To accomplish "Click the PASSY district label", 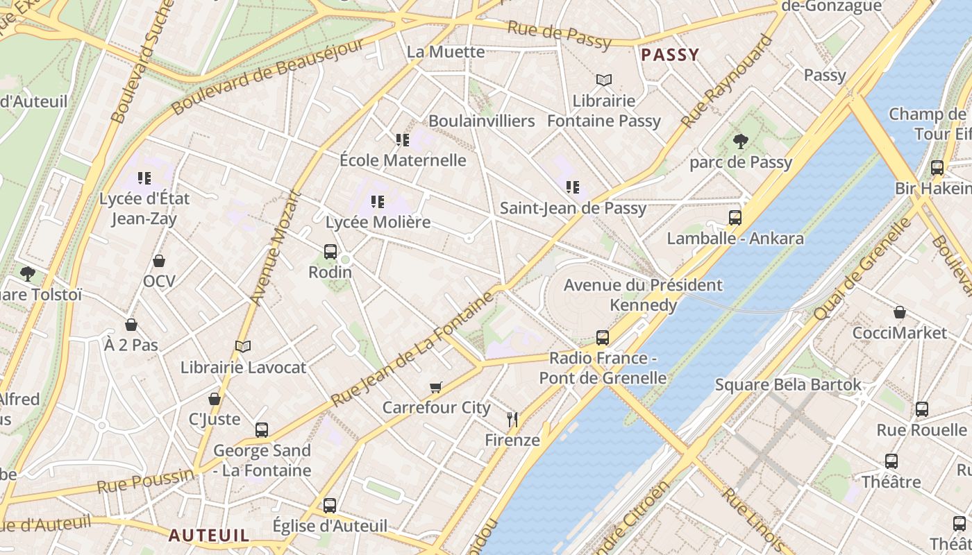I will (670, 55).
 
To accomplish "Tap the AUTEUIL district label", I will (209, 535).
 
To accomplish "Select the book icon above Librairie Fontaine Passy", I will (604, 80).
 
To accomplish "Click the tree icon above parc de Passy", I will (740, 142).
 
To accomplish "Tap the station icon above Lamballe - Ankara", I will (735, 218).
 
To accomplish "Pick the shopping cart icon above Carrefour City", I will (436, 387).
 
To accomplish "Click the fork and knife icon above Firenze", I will (512, 419).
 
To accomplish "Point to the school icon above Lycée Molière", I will (378, 202).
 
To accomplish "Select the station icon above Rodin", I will (330, 252).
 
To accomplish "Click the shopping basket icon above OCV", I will (159, 261).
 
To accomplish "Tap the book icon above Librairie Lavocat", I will (243, 346).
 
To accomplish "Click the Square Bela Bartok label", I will (788, 384).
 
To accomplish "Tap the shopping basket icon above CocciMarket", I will (900, 312).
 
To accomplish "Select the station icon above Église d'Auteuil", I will (330, 506).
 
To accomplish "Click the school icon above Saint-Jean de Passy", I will (573, 187).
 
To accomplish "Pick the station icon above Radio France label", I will (603, 338).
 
